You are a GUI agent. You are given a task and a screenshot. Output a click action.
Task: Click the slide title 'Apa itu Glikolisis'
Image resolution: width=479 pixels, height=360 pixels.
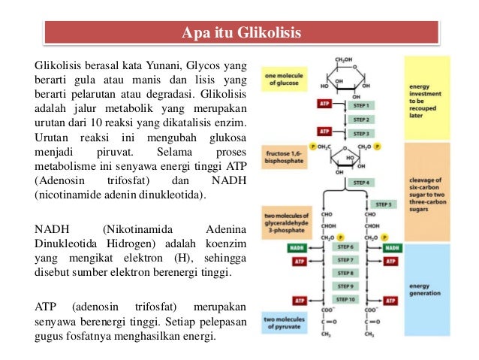click(x=241, y=33)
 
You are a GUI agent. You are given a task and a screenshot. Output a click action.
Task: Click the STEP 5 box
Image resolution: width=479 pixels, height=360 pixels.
click(x=383, y=204)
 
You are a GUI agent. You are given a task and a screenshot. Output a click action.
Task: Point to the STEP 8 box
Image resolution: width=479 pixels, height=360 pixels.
click(x=345, y=274)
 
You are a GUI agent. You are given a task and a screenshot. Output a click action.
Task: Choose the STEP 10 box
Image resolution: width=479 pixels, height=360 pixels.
click(x=345, y=300)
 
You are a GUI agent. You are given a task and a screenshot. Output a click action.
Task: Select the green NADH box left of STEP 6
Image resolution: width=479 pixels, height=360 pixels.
click(x=299, y=247)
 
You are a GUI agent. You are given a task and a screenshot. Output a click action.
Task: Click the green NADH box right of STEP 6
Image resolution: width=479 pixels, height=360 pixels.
click(x=391, y=247)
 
